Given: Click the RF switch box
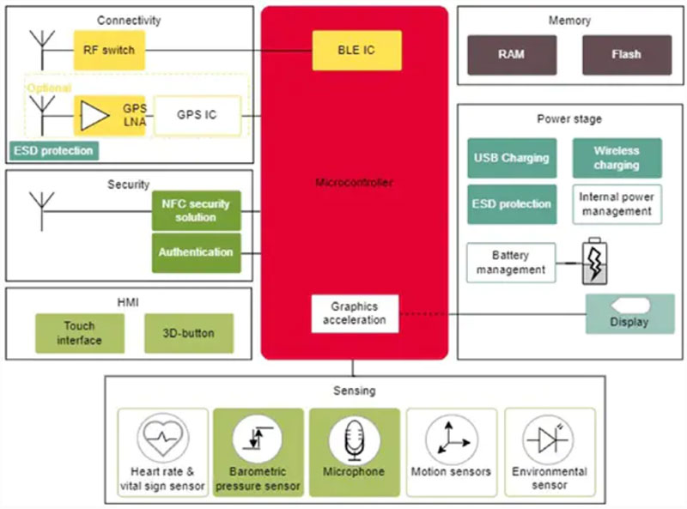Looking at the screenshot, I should point(109,51).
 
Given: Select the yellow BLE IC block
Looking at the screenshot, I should point(356,51).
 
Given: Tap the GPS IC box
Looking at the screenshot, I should point(198,115).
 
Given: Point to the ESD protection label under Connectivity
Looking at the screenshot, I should point(53,151).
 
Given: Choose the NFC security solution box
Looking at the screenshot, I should point(197,210).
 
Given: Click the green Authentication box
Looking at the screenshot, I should point(197,252).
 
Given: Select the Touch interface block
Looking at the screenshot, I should point(80,332).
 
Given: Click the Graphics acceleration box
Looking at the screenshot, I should point(355,313).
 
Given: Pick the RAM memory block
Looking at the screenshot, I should point(511,54).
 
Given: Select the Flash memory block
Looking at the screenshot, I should point(626,54).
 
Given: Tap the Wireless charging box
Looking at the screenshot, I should point(617,158).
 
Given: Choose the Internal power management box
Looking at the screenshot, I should point(617,204).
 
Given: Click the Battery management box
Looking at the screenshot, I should point(511,263).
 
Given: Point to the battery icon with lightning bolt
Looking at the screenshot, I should point(594,261).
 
